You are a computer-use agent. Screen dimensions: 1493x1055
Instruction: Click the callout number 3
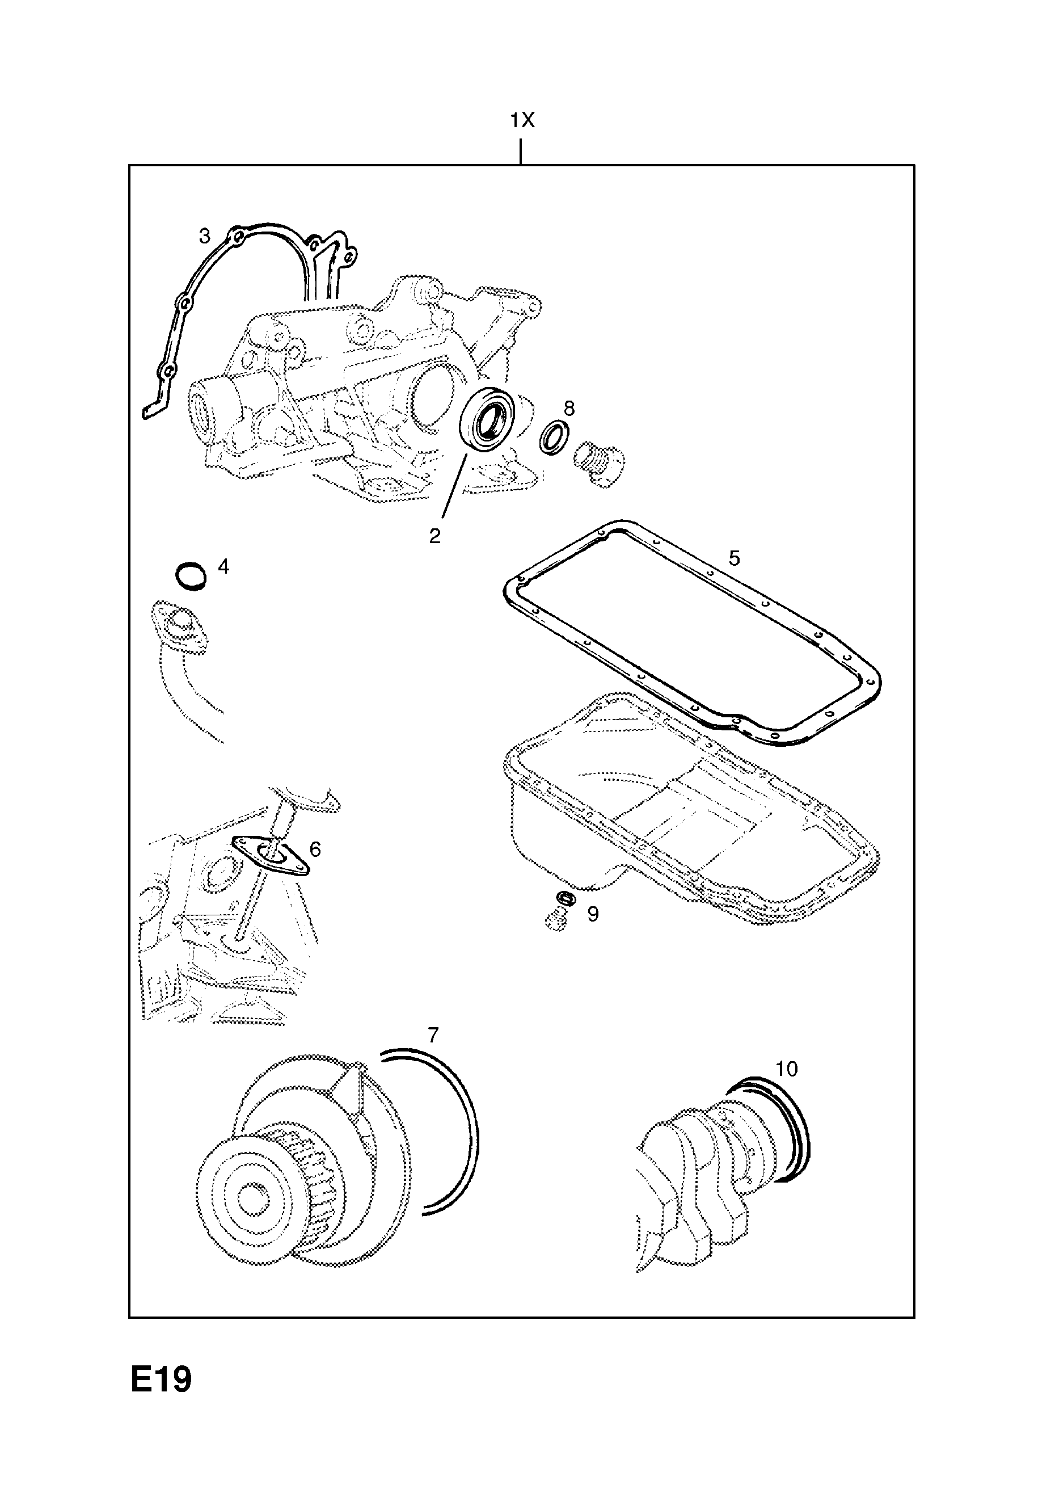pyautogui.click(x=205, y=236)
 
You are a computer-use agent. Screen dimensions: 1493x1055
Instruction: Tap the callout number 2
pyautogui.click(x=435, y=536)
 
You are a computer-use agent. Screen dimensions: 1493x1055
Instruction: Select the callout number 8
pyautogui.click(x=569, y=409)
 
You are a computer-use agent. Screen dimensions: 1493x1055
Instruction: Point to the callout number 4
pyautogui.click(x=223, y=567)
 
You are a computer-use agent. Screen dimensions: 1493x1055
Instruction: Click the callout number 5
pyautogui.click(x=734, y=558)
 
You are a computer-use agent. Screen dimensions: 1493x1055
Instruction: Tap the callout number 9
pyautogui.click(x=592, y=914)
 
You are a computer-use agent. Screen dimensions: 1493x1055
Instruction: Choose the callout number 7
pyautogui.click(x=433, y=1034)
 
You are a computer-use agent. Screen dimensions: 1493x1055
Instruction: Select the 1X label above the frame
pyautogui.click(x=521, y=120)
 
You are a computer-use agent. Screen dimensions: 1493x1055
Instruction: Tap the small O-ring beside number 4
pyautogui.click(x=192, y=577)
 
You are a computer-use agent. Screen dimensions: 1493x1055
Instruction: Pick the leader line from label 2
pyautogui.click(x=455, y=485)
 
